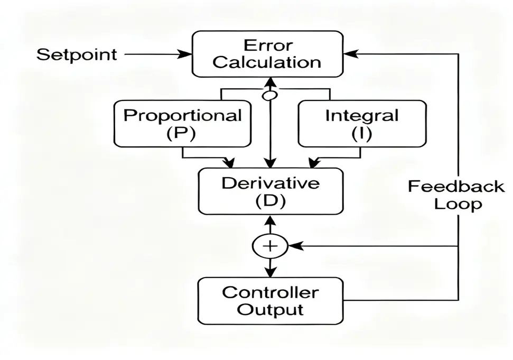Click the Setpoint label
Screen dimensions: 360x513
click(x=77, y=54)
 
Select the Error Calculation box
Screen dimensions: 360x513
click(x=267, y=54)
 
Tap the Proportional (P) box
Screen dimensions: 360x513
click(x=182, y=124)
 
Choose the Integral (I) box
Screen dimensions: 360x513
click(x=361, y=124)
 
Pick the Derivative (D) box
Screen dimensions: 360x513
click(x=270, y=192)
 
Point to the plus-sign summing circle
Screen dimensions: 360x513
click(x=270, y=246)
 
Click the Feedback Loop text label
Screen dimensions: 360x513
click(x=455, y=195)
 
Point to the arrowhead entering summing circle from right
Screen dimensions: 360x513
click(x=295, y=246)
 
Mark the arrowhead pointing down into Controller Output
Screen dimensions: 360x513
click(x=270, y=272)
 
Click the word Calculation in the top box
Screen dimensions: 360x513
click(x=267, y=62)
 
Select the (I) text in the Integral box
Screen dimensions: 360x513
click(x=361, y=133)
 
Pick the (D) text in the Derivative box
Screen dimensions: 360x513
click(x=270, y=201)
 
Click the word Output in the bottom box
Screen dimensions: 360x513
click(x=270, y=309)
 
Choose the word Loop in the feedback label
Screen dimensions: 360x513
click(x=458, y=204)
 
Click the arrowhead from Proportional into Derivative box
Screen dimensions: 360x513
click(x=229, y=161)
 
